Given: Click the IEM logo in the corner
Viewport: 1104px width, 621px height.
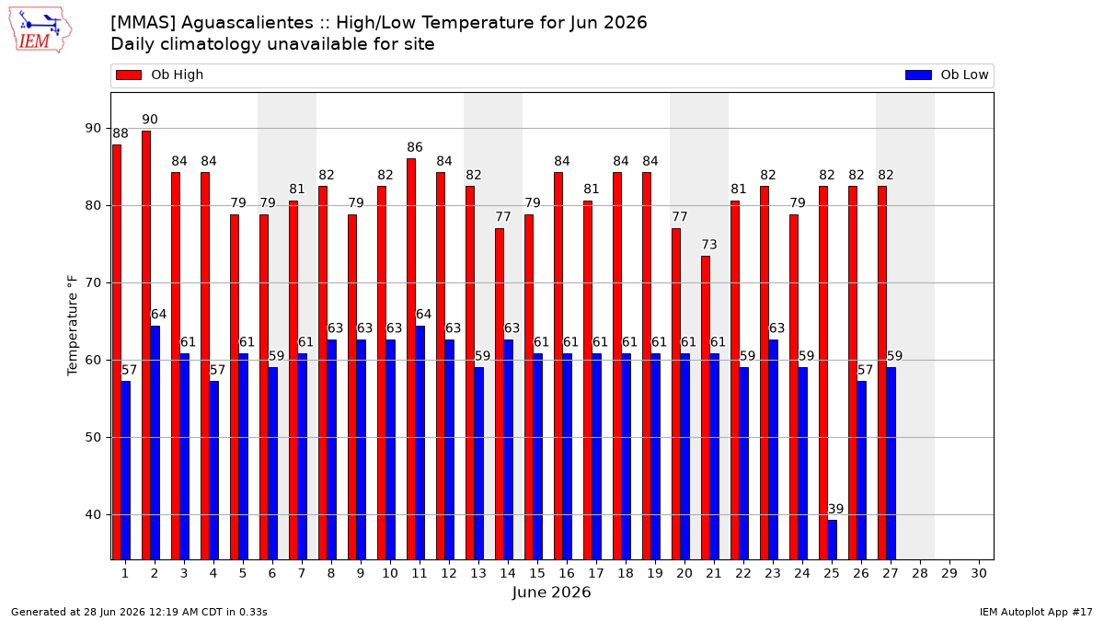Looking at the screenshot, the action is point(40,30).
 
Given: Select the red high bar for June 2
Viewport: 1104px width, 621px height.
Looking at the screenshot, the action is point(146,345).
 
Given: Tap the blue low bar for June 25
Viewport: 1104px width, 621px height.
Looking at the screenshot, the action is point(832,540).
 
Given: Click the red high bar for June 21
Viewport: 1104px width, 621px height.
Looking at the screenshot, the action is point(706,408).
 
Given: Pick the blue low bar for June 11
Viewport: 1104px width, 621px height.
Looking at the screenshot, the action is point(420,443).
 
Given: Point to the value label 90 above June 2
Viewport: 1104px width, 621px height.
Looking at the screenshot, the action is point(150,120).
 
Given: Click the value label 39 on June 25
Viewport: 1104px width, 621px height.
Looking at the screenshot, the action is point(835,509).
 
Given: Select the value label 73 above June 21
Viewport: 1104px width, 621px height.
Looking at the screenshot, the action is point(709,245).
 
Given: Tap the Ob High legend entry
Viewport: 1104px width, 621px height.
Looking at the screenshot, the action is point(160,75).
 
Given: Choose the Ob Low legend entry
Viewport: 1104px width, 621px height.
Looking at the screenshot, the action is point(947,75).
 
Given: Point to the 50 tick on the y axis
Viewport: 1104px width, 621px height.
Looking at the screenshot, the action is point(93,437).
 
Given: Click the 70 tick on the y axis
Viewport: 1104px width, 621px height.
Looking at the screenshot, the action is point(93,283).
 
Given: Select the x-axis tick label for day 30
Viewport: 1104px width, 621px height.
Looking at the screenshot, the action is point(979,573).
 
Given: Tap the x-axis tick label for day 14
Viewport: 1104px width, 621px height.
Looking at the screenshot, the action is point(508,573).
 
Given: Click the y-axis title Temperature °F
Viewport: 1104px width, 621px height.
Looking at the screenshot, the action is point(73,326).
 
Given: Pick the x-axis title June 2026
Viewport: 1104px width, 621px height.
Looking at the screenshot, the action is point(551,592).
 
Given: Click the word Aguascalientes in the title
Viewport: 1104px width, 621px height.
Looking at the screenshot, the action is point(247,23).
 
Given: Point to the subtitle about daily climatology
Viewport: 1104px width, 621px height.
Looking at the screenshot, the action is point(272,44).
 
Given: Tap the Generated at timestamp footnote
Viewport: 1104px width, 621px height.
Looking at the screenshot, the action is point(139,612).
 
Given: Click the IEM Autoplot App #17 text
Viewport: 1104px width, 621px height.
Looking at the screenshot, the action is point(1036,612).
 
